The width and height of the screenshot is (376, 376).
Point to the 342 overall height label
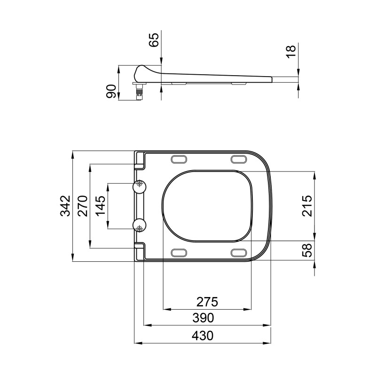tap(65, 206)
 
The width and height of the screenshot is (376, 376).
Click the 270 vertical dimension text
tap(83, 206)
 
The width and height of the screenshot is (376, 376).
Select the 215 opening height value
tap(307, 206)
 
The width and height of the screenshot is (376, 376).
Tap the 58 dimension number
tap(307, 251)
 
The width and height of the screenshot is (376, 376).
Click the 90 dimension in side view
tap(111, 91)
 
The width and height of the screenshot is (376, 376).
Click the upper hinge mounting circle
tap(140, 186)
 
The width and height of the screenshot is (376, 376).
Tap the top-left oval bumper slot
tap(180, 159)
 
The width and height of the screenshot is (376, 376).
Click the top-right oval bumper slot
tap(240, 159)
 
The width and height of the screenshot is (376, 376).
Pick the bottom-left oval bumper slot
tap(180, 253)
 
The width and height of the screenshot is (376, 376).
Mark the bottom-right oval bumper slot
tap(240, 253)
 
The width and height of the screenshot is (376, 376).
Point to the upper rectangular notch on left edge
tap(140, 166)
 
